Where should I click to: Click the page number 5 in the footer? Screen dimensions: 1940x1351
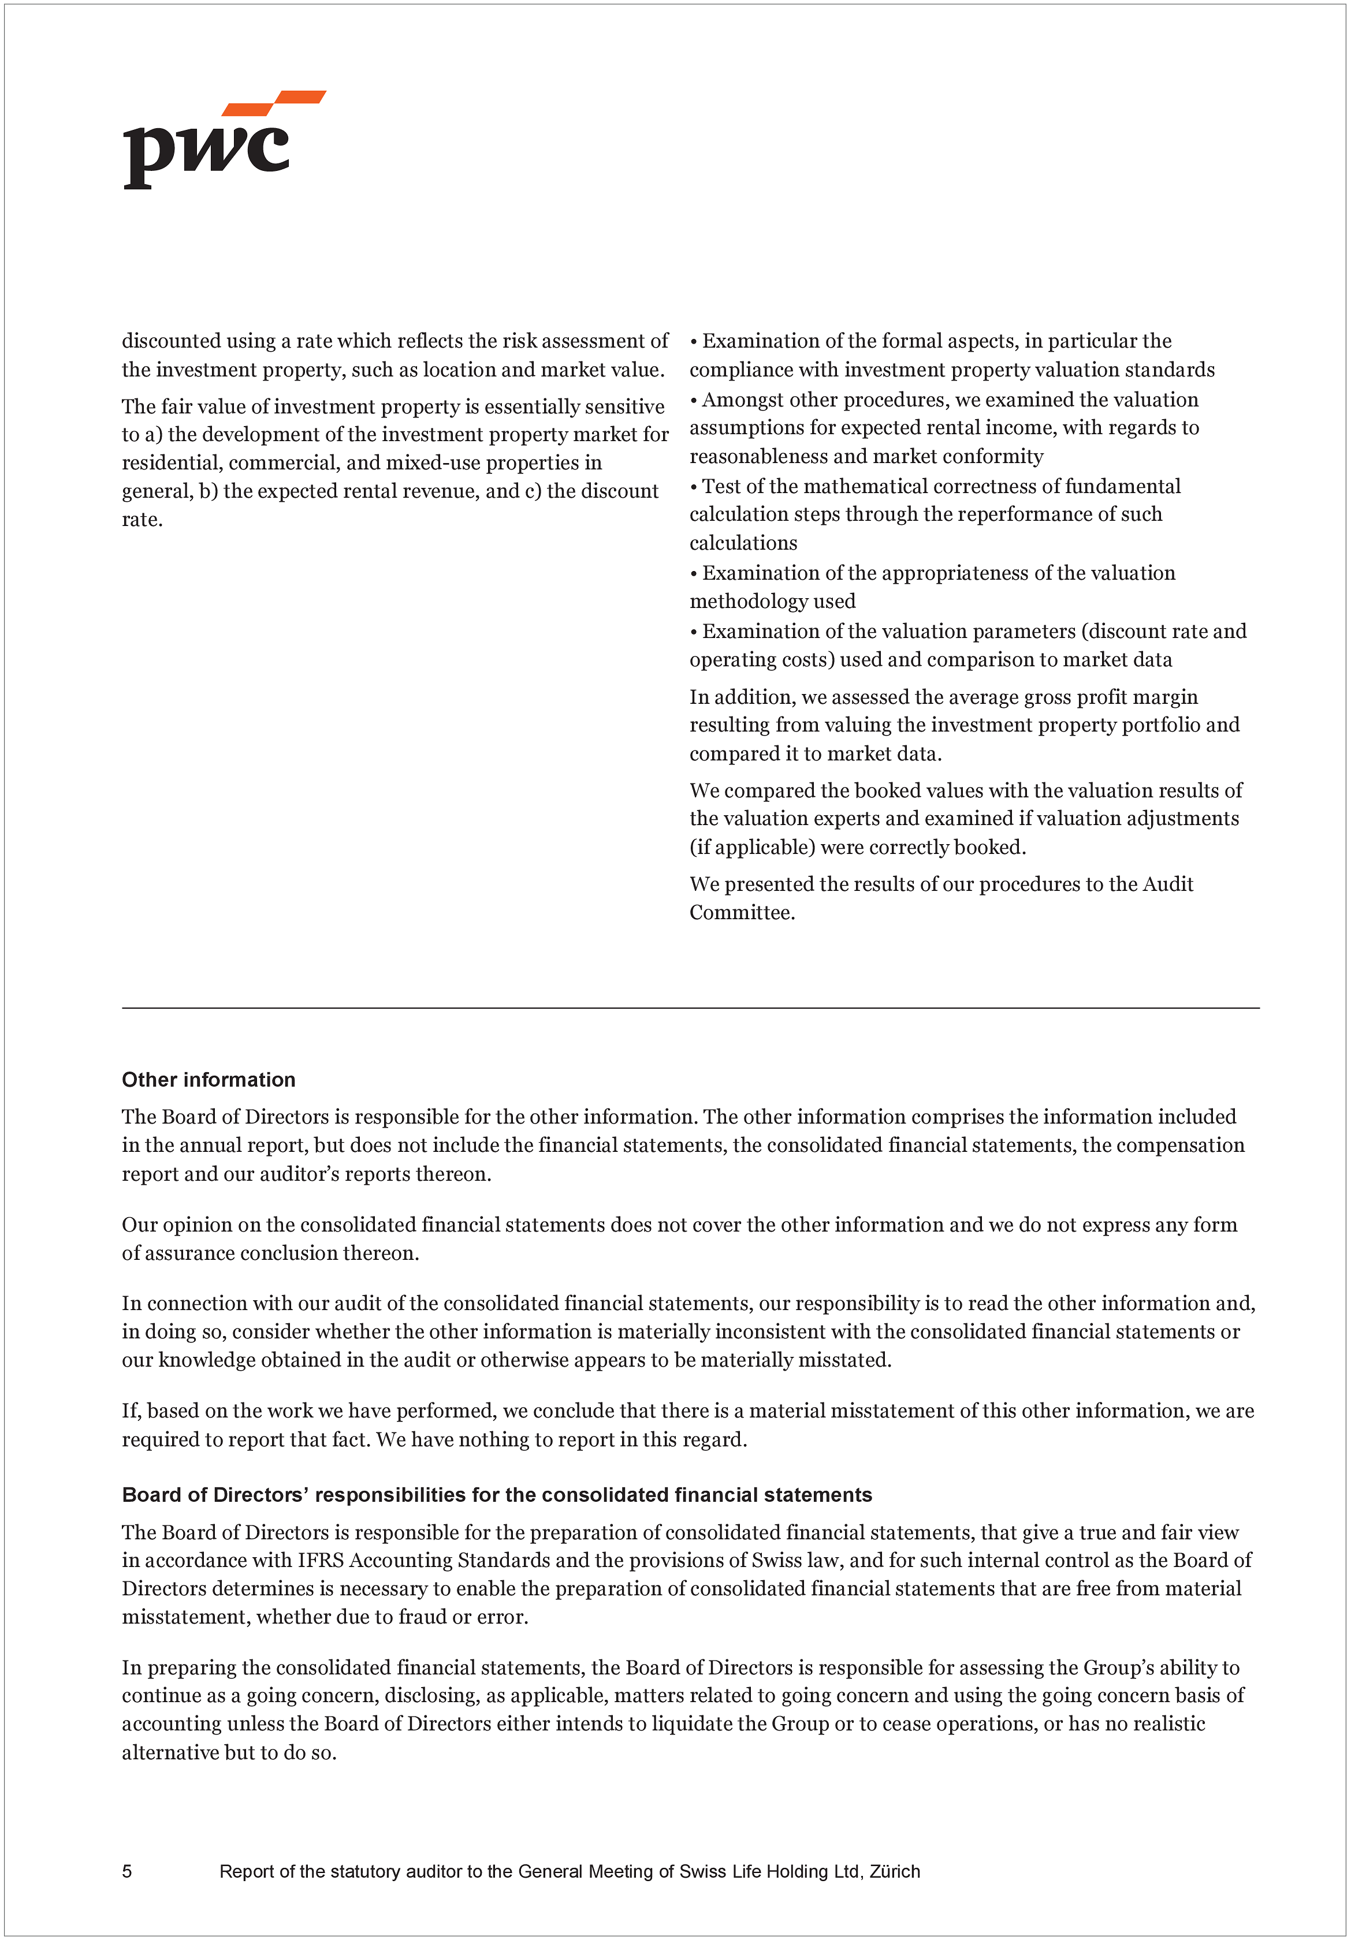[127, 1871]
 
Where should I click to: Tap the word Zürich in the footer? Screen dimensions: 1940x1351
[895, 1871]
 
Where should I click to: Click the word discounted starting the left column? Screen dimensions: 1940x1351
[172, 341]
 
